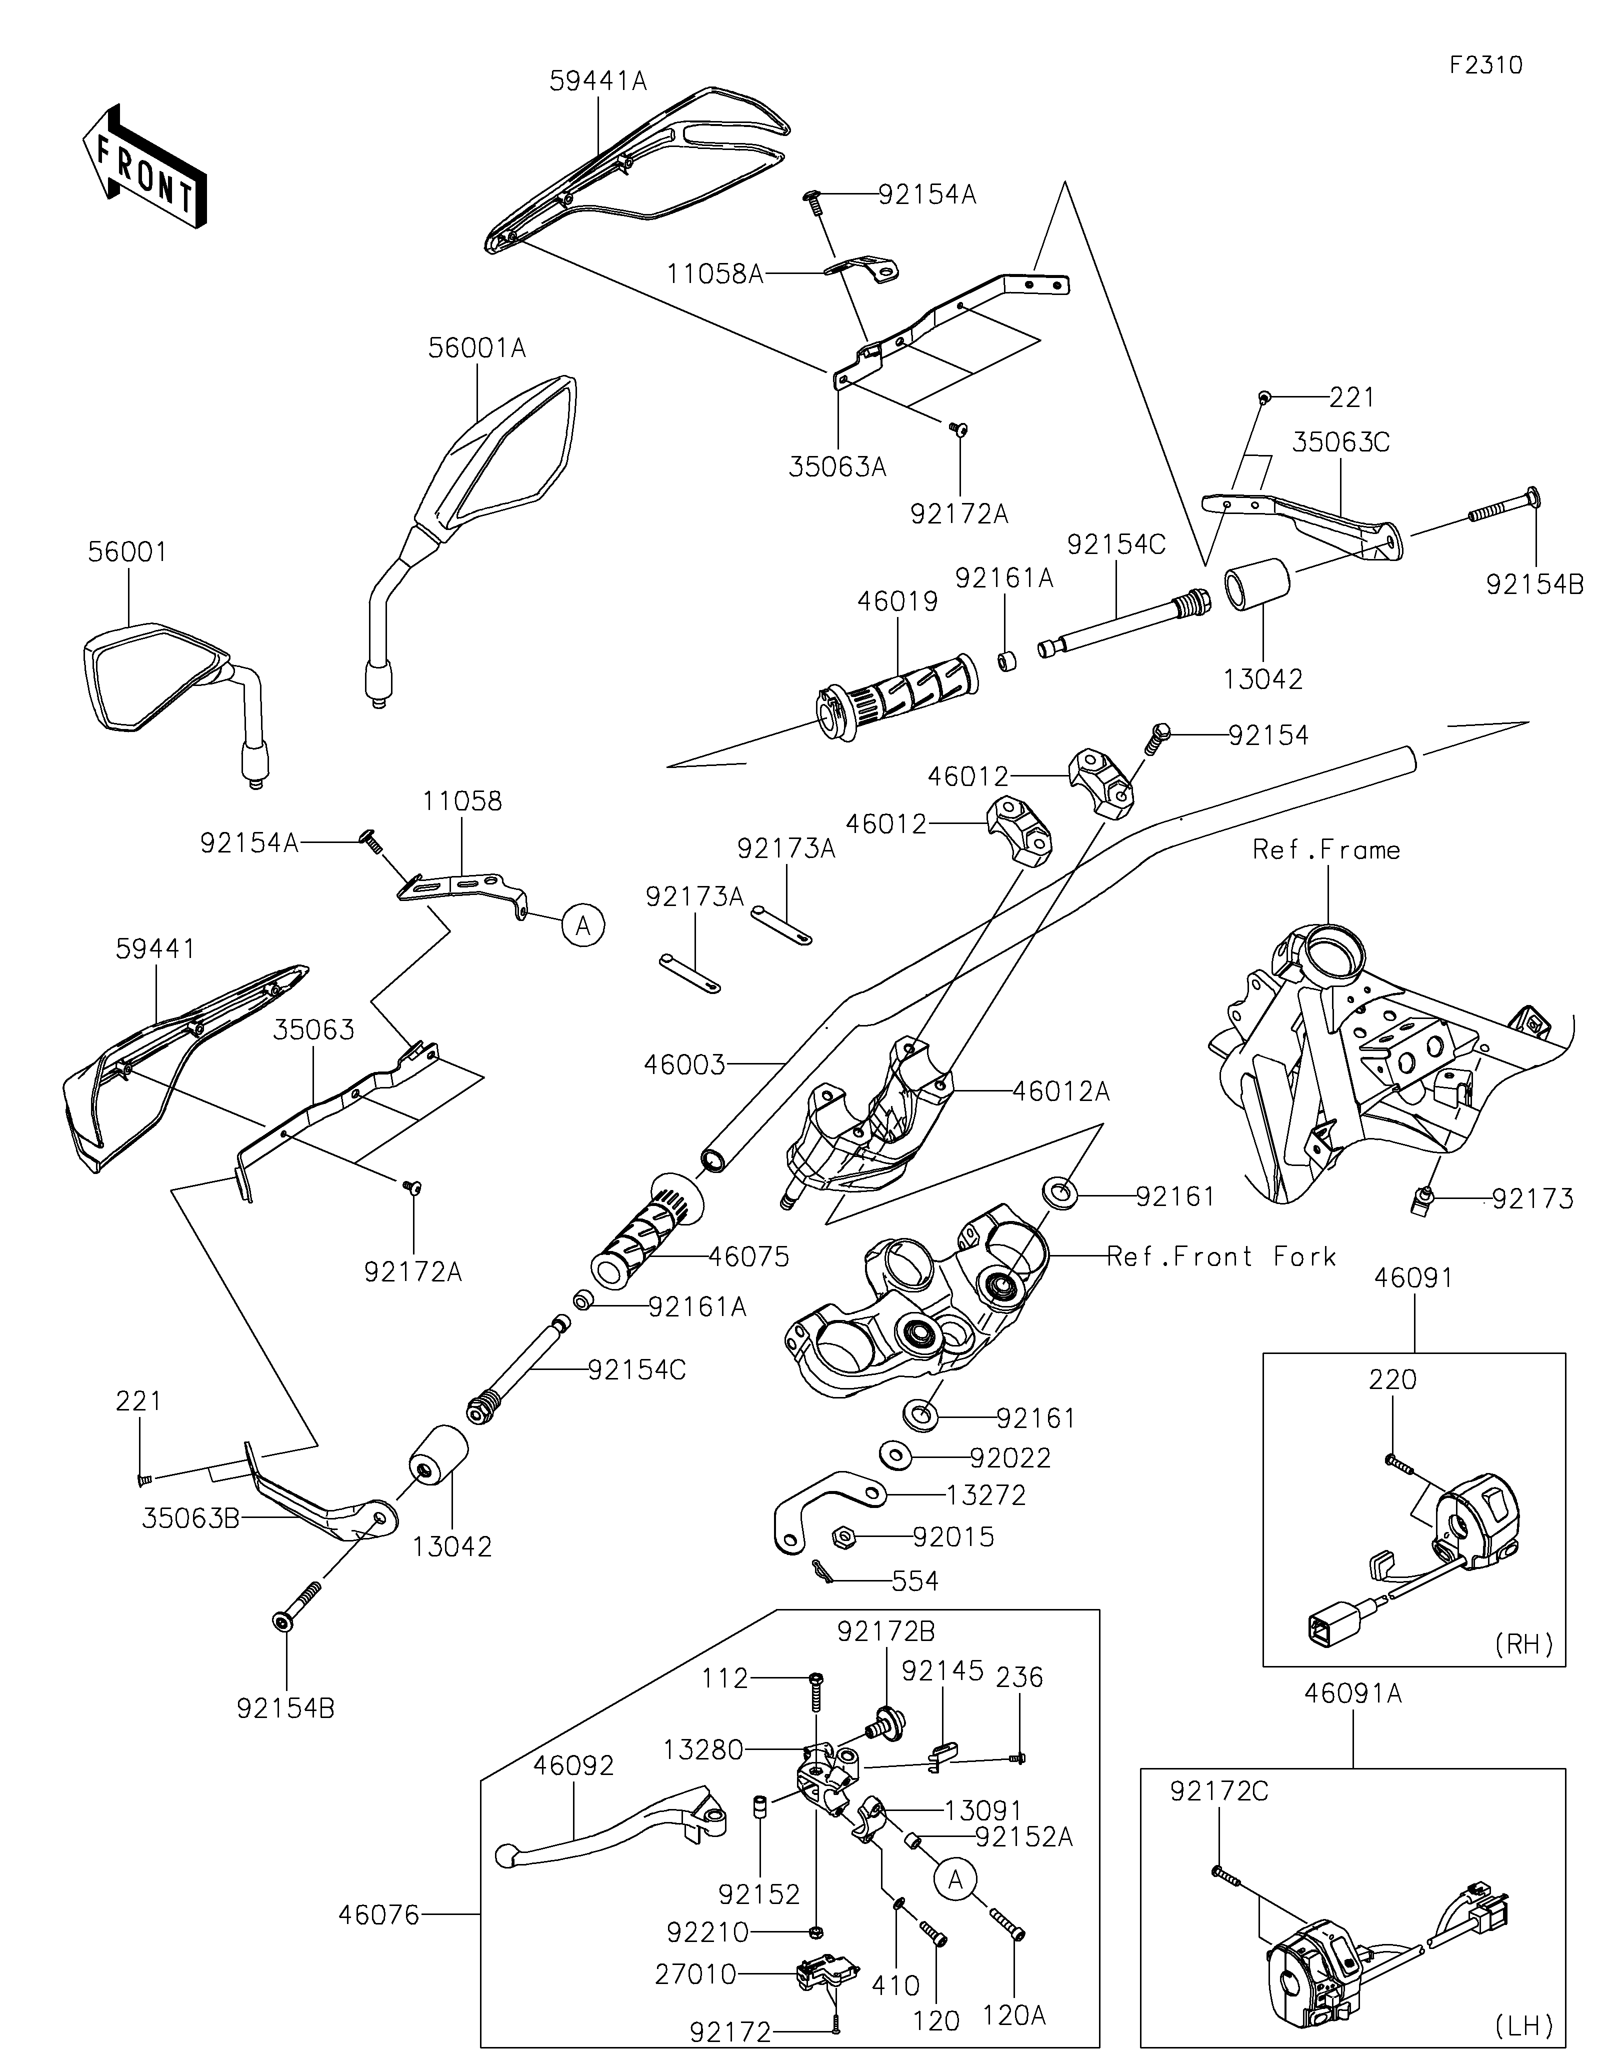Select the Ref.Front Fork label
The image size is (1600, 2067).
click(x=1220, y=1257)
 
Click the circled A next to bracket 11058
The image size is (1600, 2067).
click(x=583, y=924)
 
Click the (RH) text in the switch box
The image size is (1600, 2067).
click(x=1524, y=1644)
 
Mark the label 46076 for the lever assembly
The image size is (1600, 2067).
click(x=378, y=1914)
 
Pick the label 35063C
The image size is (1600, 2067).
click(x=1340, y=442)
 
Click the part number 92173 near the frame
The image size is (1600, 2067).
click(x=1533, y=1199)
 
